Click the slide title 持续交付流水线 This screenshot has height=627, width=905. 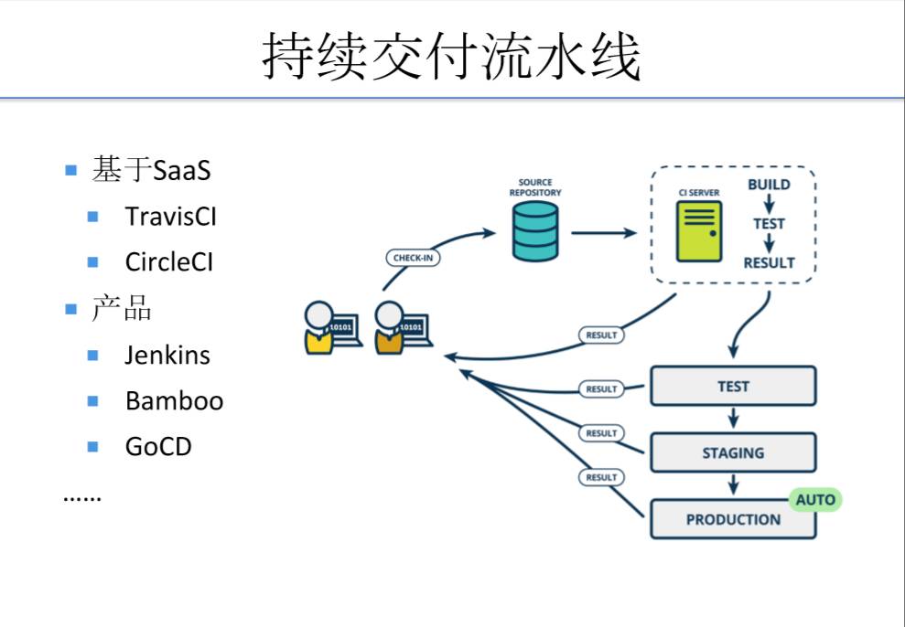click(452, 58)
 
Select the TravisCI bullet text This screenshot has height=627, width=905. click(170, 217)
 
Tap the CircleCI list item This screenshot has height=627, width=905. click(168, 262)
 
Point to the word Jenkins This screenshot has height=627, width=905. click(167, 355)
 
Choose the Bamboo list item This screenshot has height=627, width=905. click(174, 400)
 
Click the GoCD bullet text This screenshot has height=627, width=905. click(158, 447)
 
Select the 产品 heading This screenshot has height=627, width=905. click(122, 309)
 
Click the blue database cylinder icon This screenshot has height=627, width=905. click(534, 231)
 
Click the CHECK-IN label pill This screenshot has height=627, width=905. click(414, 258)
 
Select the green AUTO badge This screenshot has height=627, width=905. click(814, 500)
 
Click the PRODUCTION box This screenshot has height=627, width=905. click(732, 519)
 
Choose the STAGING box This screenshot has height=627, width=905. click(732, 452)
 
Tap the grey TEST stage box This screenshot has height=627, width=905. click(732, 386)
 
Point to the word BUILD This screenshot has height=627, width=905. click(769, 185)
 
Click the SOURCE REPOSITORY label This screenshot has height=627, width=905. click(535, 187)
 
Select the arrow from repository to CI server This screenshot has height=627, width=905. click(604, 233)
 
